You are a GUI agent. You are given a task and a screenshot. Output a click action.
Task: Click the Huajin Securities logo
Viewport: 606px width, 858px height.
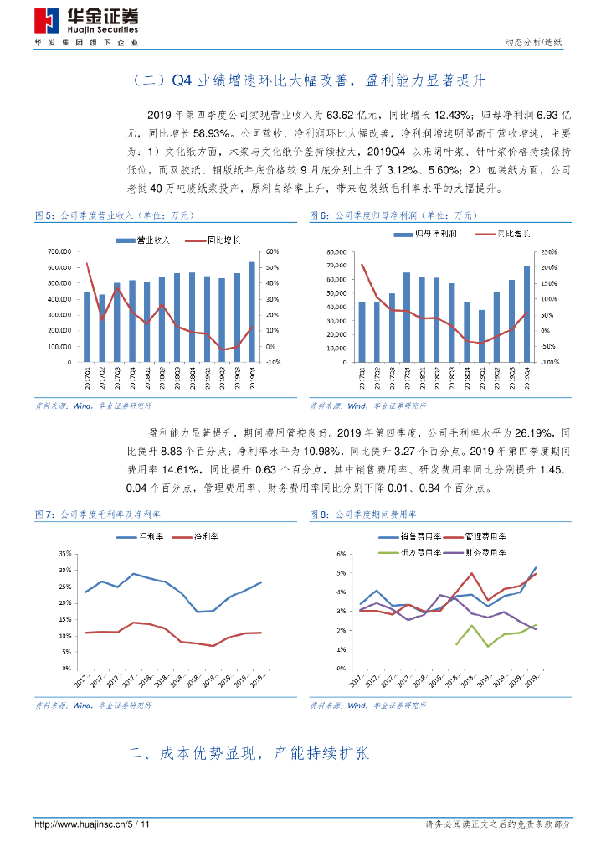point(86,21)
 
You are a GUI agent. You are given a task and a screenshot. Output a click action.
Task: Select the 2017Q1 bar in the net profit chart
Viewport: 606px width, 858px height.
point(362,332)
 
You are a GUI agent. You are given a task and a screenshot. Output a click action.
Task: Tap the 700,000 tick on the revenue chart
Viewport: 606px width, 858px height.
point(60,252)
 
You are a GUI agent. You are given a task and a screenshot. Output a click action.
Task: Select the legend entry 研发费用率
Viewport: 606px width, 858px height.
point(416,553)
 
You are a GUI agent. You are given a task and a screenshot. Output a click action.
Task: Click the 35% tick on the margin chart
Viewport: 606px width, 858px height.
point(64,555)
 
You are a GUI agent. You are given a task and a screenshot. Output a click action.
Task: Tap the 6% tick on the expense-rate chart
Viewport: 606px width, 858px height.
point(342,555)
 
